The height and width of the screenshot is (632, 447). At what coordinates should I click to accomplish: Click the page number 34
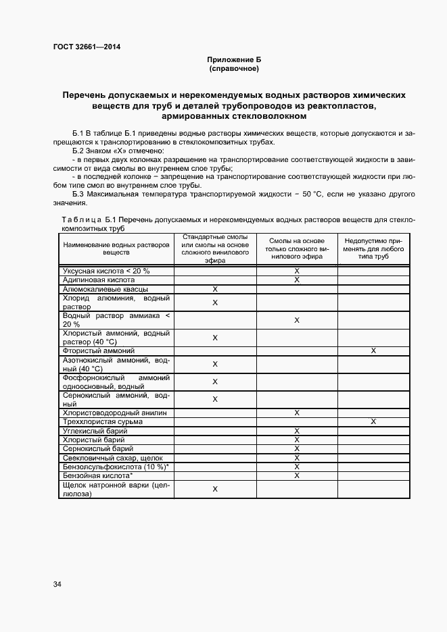point(57,584)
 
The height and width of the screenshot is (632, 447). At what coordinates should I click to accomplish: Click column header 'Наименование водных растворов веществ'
point(116,249)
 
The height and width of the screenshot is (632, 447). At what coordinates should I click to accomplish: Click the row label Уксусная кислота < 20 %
point(105,270)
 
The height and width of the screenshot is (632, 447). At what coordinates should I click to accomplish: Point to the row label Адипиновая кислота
point(99,280)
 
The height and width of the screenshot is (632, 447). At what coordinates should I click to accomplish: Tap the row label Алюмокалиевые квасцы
point(105,289)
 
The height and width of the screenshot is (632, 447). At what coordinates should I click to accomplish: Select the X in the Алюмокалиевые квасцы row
point(215,289)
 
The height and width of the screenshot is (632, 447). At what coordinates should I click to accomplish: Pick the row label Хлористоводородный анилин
point(114,413)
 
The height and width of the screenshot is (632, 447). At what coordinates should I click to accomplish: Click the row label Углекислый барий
point(95,431)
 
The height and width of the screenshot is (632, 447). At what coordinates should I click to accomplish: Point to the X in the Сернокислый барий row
point(296,448)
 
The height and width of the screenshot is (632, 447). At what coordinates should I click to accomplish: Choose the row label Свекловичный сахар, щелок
point(112,458)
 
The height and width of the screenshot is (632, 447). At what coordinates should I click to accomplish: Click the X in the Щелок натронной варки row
point(215,489)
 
